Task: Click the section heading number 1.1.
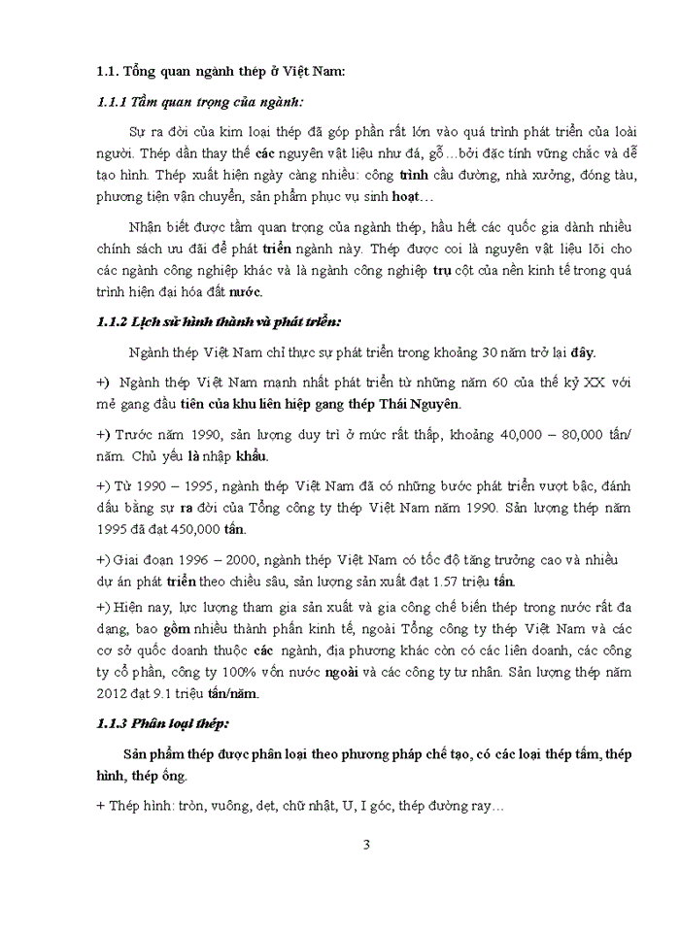(x=107, y=71)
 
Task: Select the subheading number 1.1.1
(x=114, y=101)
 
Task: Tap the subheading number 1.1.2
(x=114, y=320)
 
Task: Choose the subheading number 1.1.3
(x=114, y=723)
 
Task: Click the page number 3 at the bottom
(x=366, y=844)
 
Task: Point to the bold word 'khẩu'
(x=252, y=455)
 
